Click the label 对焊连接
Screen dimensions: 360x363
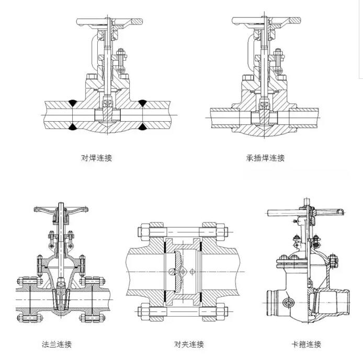pos(96,157)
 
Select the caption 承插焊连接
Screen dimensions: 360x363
pos(265,157)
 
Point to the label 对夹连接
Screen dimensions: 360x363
pos(189,344)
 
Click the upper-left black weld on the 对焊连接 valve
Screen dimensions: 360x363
pos(73,102)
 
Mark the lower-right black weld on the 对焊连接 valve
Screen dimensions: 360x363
pos(142,126)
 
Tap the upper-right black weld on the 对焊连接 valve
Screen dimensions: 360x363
pos(142,102)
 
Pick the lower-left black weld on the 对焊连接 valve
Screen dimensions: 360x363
pos(73,126)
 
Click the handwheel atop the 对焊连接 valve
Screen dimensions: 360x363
pos(109,22)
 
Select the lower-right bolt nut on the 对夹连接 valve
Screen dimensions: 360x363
pos(221,313)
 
